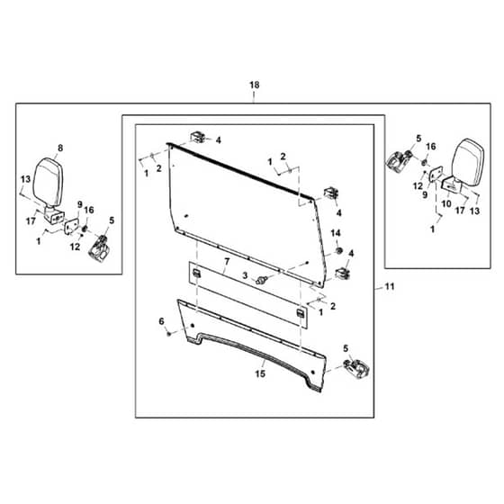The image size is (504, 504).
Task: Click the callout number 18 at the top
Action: tap(254, 85)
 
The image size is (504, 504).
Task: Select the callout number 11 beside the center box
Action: tap(390, 286)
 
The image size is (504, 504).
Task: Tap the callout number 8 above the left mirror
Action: tap(60, 148)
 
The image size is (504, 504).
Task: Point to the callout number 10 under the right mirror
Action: tap(446, 203)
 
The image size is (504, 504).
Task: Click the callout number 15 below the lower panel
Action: tap(260, 373)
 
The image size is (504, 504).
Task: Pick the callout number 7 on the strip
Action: tap(227, 262)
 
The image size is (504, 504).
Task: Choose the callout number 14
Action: tap(336, 233)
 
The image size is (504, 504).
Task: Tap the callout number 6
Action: tap(161, 321)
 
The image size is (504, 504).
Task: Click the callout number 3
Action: tap(245, 275)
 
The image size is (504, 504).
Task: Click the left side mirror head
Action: tap(48, 182)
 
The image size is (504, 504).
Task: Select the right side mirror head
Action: tap(468, 162)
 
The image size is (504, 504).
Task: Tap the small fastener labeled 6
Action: tap(169, 334)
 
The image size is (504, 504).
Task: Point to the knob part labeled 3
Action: tap(260, 280)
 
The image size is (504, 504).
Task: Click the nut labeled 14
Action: tap(338, 250)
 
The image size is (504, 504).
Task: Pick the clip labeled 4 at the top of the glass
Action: tap(197, 137)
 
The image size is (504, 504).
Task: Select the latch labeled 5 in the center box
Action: tap(356, 369)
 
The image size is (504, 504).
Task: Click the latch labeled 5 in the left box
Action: tap(100, 248)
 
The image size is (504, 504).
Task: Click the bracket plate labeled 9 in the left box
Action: tap(71, 225)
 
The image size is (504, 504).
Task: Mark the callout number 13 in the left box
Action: tap(25, 179)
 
